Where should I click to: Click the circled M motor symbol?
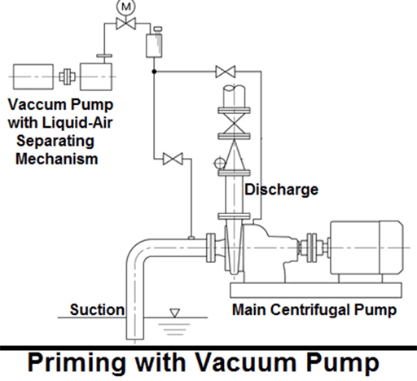(x=125, y=7)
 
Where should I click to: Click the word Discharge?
(x=282, y=190)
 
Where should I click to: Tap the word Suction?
(x=97, y=309)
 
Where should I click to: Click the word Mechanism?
(x=61, y=159)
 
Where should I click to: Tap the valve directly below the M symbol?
(x=125, y=27)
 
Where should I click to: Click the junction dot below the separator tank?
(x=154, y=72)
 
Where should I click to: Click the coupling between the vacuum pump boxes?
(x=67, y=76)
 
